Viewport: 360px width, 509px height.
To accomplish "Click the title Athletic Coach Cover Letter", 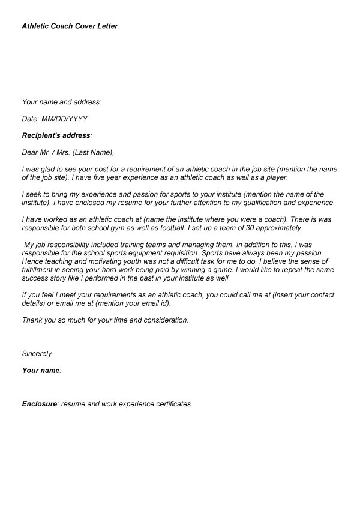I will click(70, 26).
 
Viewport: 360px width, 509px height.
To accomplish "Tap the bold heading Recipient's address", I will click(56, 135).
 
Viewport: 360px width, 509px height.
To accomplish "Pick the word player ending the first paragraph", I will click(275, 178).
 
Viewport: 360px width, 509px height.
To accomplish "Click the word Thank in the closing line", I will click(32, 320).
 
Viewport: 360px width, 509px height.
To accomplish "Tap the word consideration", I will click(166, 320).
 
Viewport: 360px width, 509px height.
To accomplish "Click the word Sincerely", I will click(37, 354).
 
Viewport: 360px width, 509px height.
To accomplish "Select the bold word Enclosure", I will click(39, 404).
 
